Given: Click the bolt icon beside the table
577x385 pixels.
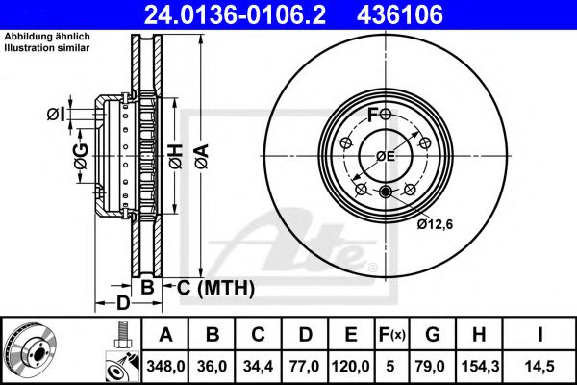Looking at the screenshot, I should click(119, 334).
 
